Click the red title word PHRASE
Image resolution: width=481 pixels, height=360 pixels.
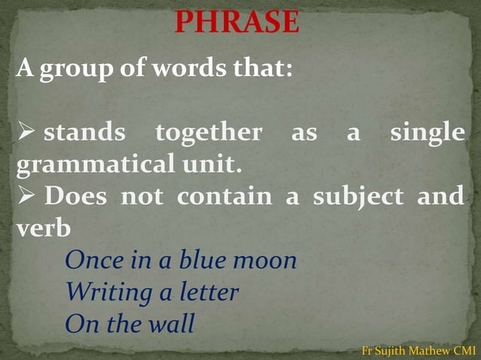(x=237, y=23)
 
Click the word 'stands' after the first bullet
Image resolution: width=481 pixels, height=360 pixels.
(x=84, y=133)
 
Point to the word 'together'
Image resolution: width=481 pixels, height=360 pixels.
(x=208, y=133)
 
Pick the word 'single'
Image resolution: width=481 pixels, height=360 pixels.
(x=427, y=133)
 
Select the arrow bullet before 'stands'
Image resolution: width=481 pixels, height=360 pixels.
(x=26, y=133)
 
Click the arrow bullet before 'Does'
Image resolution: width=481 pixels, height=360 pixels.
(x=26, y=197)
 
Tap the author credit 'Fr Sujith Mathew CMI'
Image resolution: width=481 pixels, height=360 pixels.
(x=418, y=350)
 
